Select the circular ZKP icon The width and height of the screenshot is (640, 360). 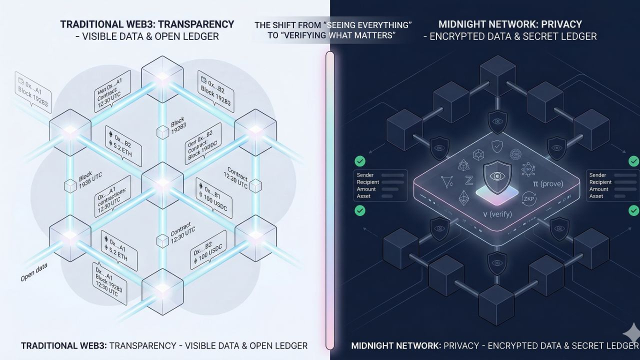pyautogui.click(x=528, y=199)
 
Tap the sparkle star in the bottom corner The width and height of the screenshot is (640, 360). pyautogui.click(x=632, y=332)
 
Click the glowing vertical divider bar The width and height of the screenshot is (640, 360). pyautogui.click(x=329, y=200)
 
